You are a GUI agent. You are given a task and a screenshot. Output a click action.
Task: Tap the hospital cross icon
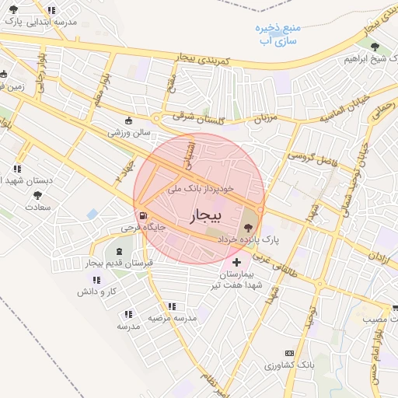click(x=236, y=264)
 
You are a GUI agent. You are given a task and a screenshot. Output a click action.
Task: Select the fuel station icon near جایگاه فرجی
click(x=142, y=216)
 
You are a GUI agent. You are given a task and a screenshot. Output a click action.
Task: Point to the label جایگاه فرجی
click(x=139, y=229)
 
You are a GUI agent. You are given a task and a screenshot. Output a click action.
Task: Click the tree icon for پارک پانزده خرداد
click(x=247, y=227)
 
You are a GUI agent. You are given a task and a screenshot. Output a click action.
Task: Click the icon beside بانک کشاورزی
click(x=289, y=353)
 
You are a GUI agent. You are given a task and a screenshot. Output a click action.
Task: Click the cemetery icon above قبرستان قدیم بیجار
click(x=119, y=251)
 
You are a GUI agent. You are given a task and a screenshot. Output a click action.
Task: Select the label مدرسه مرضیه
click(x=170, y=318)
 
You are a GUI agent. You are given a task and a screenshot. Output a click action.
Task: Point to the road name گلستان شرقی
click(x=199, y=117)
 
